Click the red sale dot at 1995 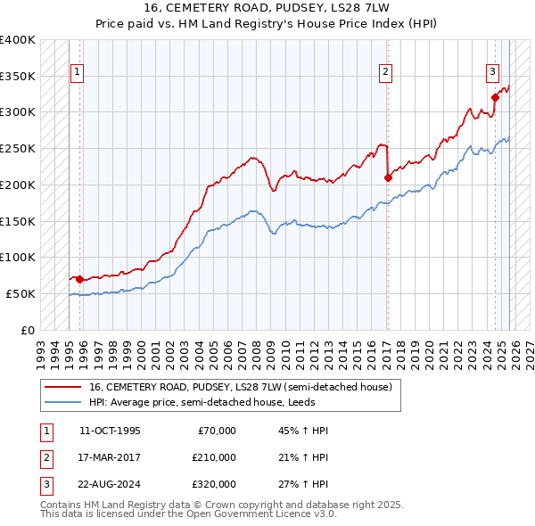80,279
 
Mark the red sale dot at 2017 388,177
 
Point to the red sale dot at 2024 495,97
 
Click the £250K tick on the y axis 18,149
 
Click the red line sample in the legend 63,388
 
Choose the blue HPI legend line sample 63,402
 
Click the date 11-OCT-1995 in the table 110,431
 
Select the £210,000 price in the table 213,457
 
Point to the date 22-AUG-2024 110,484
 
